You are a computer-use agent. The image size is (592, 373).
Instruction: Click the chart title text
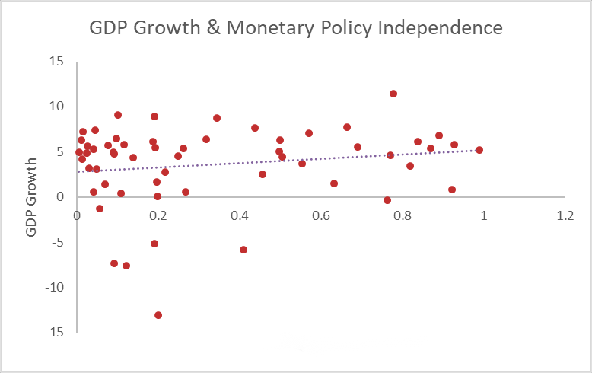click(296, 28)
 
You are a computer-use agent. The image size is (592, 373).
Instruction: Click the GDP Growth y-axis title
click(32, 197)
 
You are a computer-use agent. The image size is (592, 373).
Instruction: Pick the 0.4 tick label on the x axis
click(240, 215)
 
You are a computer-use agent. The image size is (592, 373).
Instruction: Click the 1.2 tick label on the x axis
click(565, 215)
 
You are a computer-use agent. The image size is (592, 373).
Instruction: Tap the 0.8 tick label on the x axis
click(403, 215)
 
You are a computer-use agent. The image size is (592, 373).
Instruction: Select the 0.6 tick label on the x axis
click(321, 215)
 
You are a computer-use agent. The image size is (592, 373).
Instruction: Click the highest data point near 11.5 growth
click(393, 94)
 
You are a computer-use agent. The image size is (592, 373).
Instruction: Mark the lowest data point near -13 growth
click(158, 315)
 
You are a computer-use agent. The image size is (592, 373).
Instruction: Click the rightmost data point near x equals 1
click(479, 150)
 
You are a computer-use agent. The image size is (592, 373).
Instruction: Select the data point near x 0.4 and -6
click(243, 250)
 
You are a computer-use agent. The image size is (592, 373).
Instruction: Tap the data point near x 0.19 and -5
click(154, 244)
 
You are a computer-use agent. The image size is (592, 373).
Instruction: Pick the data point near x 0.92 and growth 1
click(452, 190)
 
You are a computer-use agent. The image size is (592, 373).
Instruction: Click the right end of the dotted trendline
click(479, 150)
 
